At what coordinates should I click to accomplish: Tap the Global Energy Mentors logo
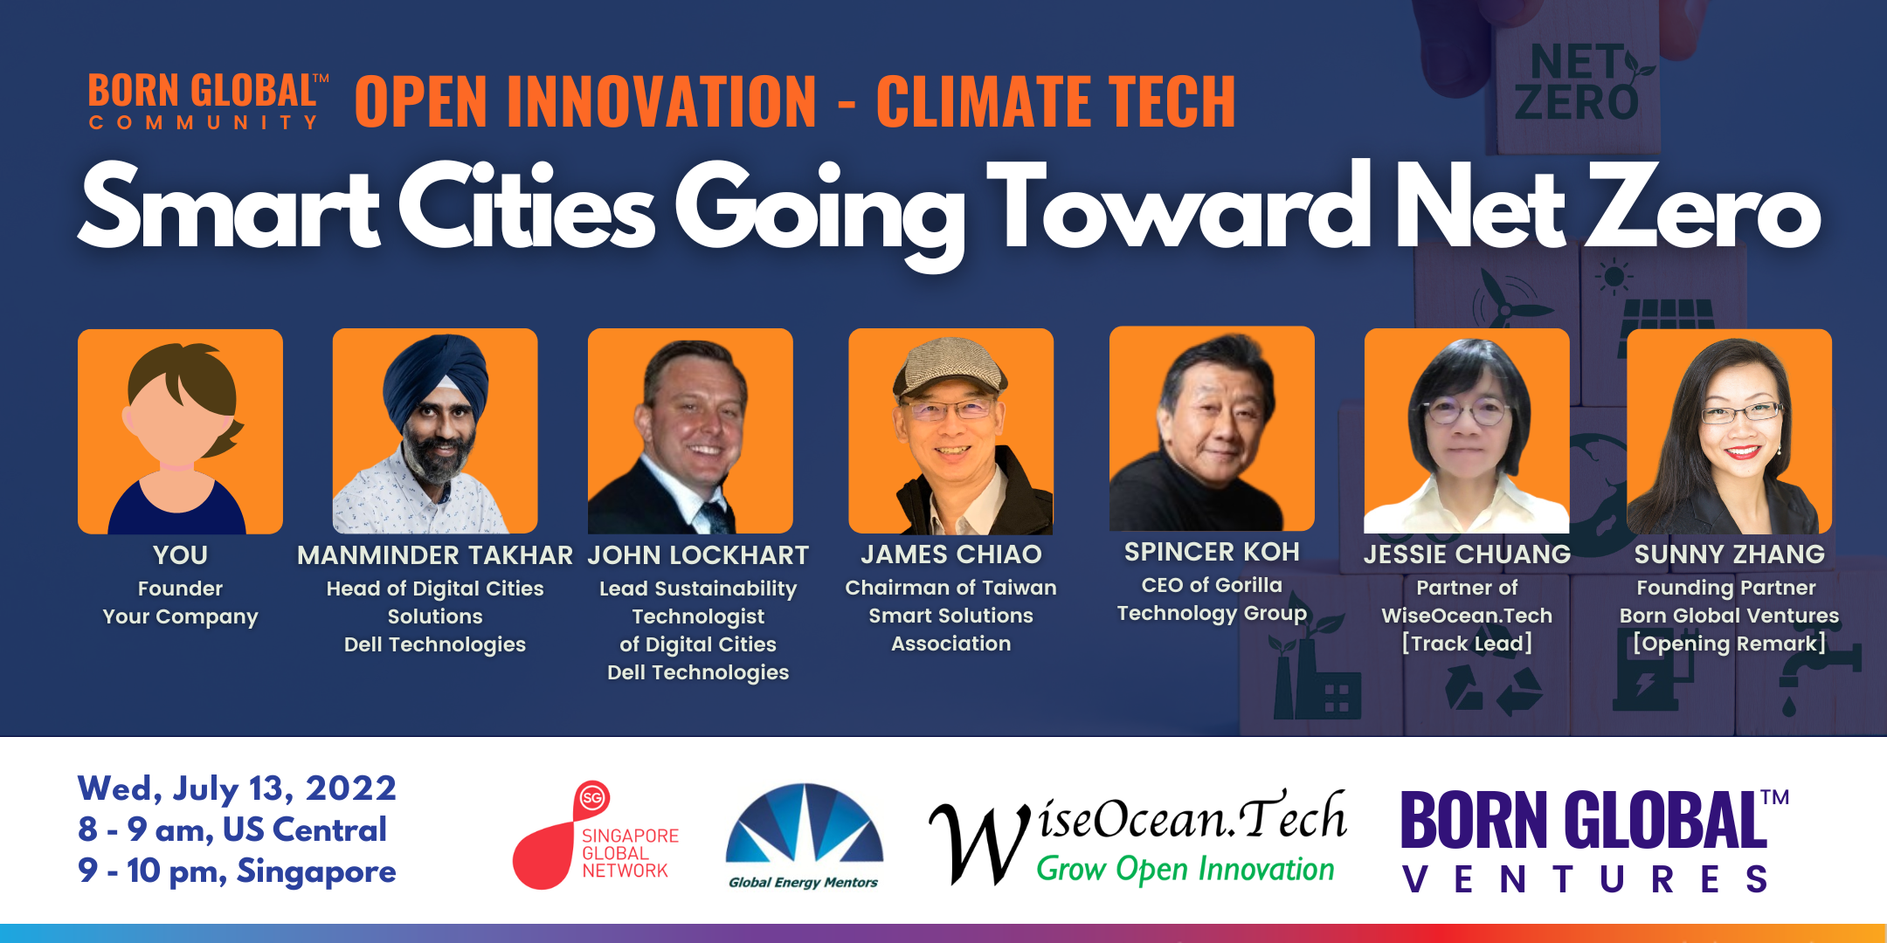804,836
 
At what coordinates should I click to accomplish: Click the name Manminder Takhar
435,555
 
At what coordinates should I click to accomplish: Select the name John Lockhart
698,555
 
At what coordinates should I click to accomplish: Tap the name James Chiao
951,554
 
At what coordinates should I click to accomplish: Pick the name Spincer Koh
1212,552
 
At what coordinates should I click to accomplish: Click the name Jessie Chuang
1467,554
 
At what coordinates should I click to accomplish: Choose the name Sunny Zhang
1729,554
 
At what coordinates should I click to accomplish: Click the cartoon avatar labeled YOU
180,431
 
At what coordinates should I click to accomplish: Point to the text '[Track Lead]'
1467,644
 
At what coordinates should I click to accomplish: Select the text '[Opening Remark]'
1729,644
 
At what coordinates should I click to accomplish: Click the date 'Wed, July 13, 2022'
237,788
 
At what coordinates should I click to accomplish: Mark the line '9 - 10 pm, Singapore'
237,871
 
